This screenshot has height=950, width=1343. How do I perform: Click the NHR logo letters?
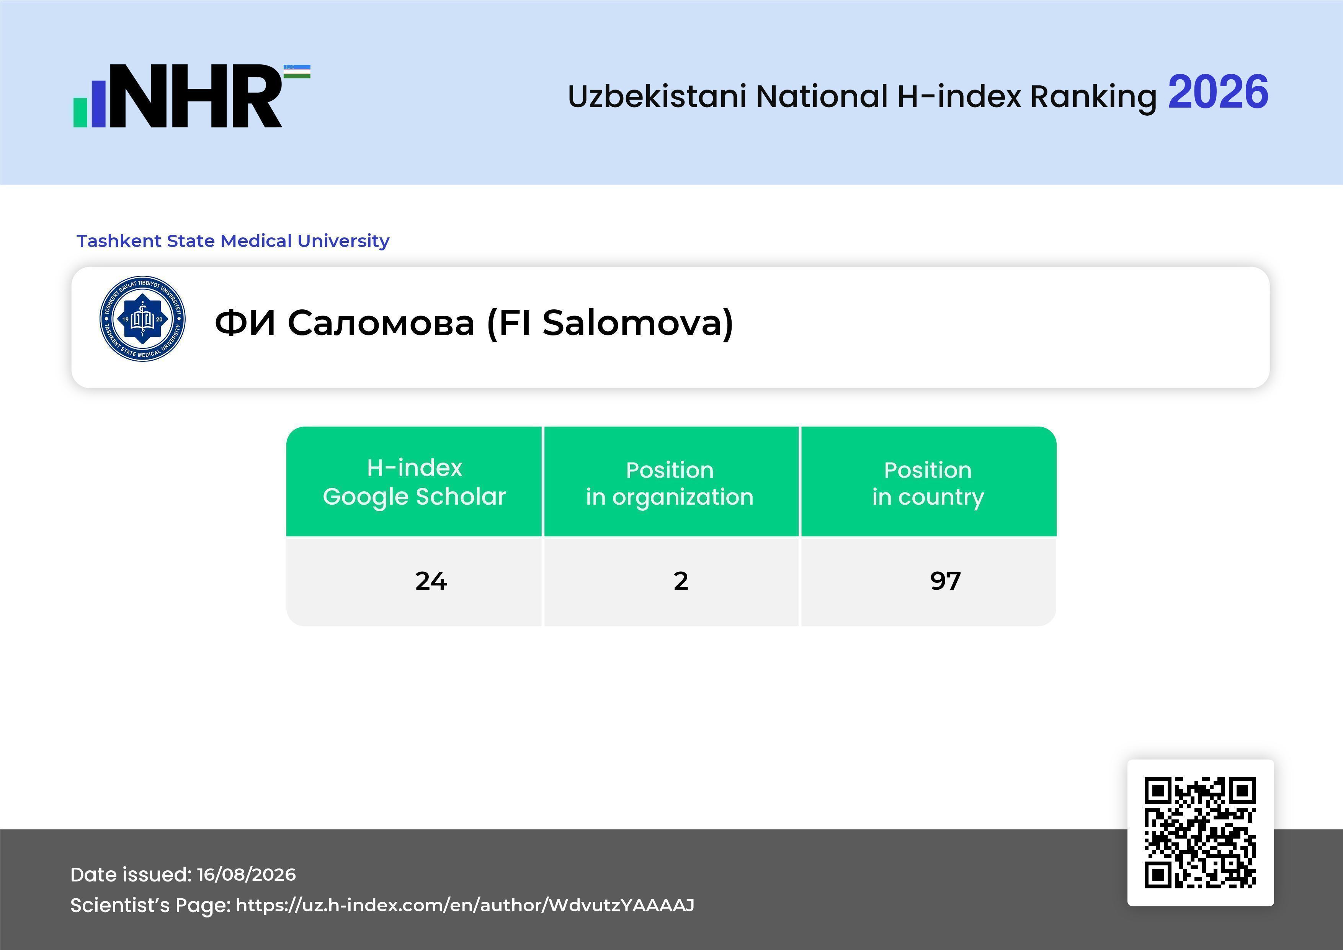[196, 96]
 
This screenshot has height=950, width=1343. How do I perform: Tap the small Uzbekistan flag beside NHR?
[297, 71]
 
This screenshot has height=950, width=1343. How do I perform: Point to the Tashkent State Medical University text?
[233, 240]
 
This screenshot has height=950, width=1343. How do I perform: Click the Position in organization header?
[670, 483]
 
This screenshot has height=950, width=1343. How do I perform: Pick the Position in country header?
[928, 483]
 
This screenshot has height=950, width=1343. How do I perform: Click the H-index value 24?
[431, 581]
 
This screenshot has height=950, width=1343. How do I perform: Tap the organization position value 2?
[681, 581]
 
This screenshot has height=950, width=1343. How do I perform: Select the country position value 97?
[945, 581]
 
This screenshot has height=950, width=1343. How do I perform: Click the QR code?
[1200, 832]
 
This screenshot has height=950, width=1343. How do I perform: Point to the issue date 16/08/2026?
[246, 875]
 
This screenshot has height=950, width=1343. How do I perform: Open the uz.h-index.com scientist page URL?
[465, 906]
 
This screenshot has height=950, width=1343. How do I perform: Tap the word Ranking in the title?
[1093, 97]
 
